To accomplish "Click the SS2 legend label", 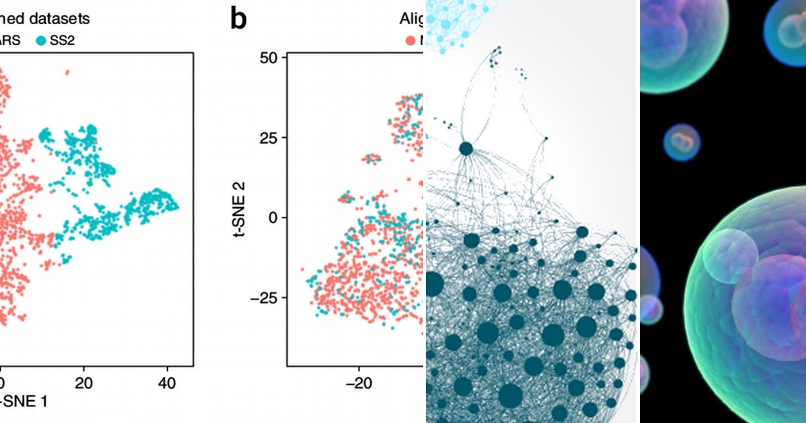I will point(62,40).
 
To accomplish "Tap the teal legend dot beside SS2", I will point(41,40).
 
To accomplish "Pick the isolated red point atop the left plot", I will point(66,72).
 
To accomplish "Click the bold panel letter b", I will point(238,19).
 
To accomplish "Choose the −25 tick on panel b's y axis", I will point(263,297).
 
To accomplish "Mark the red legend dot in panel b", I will point(410,40).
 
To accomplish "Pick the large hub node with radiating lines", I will point(465,148).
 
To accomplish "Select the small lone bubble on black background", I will point(682,142).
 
